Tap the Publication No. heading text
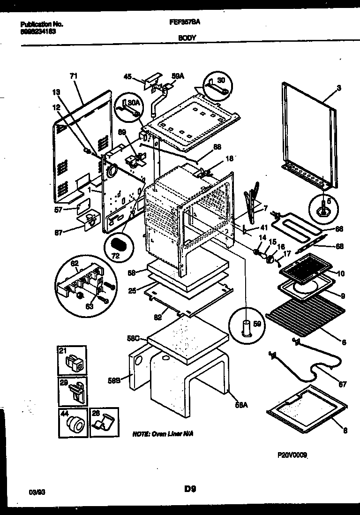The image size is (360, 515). pyautogui.click(x=42, y=23)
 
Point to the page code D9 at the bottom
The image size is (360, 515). pyautogui.click(x=189, y=489)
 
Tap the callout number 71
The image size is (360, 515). pyautogui.click(x=74, y=76)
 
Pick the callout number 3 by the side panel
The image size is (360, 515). pyautogui.click(x=339, y=88)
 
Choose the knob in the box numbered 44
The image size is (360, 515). pyautogui.click(x=74, y=424)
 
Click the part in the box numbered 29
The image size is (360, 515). pyautogui.click(x=75, y=392)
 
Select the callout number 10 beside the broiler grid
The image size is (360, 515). pyautogui.click(x=341, y=273)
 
